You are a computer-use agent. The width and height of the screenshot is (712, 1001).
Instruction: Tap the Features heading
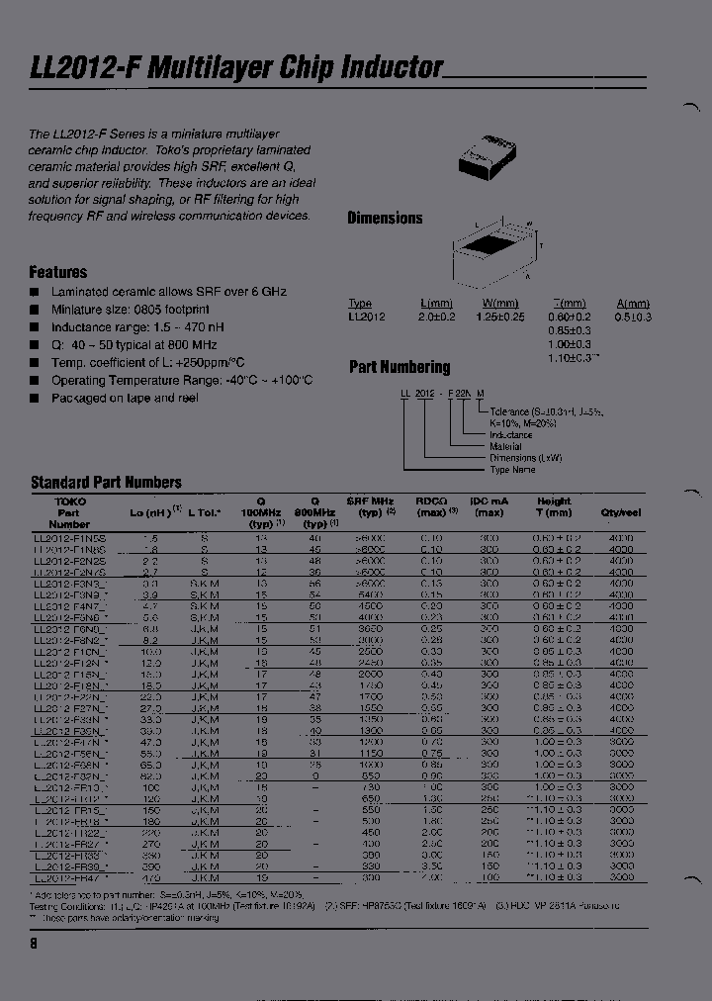pos(58,272)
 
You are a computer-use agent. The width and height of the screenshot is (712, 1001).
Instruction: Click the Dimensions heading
pos(385,219)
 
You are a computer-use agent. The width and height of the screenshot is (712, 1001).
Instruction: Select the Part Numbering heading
pos(400,367)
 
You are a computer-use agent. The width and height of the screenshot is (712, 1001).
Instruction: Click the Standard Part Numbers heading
pos(106,483)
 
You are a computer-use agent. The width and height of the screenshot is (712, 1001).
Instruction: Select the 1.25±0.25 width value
pos(500,317)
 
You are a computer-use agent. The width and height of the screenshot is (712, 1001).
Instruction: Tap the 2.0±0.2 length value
pos(436,317)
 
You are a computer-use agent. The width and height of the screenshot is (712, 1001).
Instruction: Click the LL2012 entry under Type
pos(367,317)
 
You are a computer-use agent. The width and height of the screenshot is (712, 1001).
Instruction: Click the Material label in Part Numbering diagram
pos(507,447)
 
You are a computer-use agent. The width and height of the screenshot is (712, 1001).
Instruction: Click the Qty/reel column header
pos(620,513)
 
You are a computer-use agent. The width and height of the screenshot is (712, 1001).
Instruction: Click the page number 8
pos(34,944)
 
